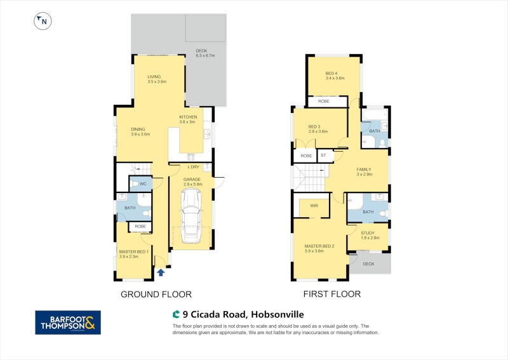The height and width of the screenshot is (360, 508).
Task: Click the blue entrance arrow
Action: click(161, 272)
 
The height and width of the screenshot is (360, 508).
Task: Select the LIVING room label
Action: click(154, 77)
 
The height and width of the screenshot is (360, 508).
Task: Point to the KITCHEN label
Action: click(188, 117)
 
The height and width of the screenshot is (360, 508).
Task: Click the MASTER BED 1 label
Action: click(134, 251)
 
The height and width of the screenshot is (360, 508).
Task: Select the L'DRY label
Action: click(194, 167)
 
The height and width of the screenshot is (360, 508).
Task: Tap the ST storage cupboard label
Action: click(323, 155)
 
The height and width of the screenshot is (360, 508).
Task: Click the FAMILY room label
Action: click(364, 170)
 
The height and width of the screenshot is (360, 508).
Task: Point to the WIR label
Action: click(314, 206)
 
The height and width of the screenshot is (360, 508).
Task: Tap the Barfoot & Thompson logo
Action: click(67, 322)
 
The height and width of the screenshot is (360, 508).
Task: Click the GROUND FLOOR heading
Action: click(156, 294)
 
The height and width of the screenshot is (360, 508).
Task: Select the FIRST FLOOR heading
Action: click(333, 294)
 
